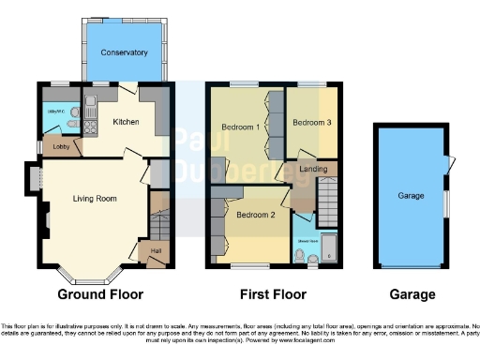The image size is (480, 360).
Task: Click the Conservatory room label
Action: click(125, 52)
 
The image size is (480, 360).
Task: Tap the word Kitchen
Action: click(127, 122)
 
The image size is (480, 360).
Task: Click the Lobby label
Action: click(59, 146)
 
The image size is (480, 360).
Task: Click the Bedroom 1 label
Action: click(240, 127)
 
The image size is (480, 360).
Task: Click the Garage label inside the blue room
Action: click(409, 198)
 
